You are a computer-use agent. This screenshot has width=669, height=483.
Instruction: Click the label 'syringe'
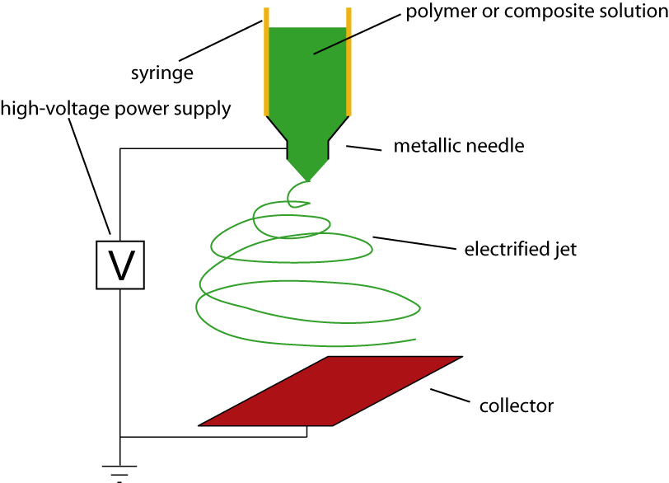(161, 73)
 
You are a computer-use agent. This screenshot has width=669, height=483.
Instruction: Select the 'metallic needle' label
(459, 147)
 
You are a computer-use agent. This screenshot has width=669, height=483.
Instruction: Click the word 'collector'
(517, 406)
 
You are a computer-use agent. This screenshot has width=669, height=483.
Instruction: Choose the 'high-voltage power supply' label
(115, 108)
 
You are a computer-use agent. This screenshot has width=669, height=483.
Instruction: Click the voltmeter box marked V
(120, 265)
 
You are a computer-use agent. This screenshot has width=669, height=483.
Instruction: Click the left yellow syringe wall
(266, 62)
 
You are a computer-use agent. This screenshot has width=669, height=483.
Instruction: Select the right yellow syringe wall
(349, 62)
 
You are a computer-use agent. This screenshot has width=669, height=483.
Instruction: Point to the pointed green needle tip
(308, 176)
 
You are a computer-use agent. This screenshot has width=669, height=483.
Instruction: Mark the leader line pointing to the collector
(448, 398)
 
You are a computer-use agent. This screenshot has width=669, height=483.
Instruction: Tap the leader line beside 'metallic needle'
(363, 148)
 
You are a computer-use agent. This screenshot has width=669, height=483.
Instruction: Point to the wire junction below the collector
(121, 437)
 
